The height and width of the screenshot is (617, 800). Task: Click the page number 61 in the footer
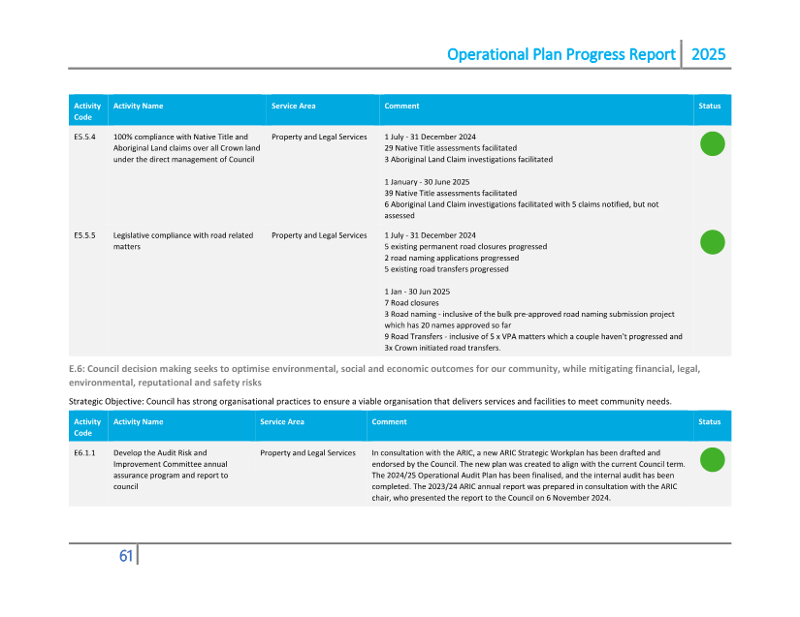pos(125,556)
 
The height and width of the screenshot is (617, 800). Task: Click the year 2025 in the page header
pos(708,54)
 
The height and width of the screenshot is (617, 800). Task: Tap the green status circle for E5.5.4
pos(712,144)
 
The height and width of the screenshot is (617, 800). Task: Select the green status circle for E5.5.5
pos(712,242)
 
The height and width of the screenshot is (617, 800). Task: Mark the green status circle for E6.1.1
pos(712,460)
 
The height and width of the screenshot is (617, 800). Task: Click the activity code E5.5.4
pos(84,138)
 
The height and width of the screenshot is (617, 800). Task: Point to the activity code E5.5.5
pos(84,235)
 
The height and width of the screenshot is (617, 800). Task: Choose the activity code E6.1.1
pos(84,453)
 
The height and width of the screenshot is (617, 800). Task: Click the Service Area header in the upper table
pos(293,106)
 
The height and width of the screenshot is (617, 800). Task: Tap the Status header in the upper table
pos(710,106)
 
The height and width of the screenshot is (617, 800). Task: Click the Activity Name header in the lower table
pos(138,422)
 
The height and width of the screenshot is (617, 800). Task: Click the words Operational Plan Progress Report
pos(560,54)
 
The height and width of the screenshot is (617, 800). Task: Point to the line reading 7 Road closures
pos(411,303)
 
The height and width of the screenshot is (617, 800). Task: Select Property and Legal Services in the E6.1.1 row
pos(307,453)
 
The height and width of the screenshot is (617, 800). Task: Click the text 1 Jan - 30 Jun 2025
pos(417,292)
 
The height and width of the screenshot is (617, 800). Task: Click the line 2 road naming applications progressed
pos(451,259)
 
